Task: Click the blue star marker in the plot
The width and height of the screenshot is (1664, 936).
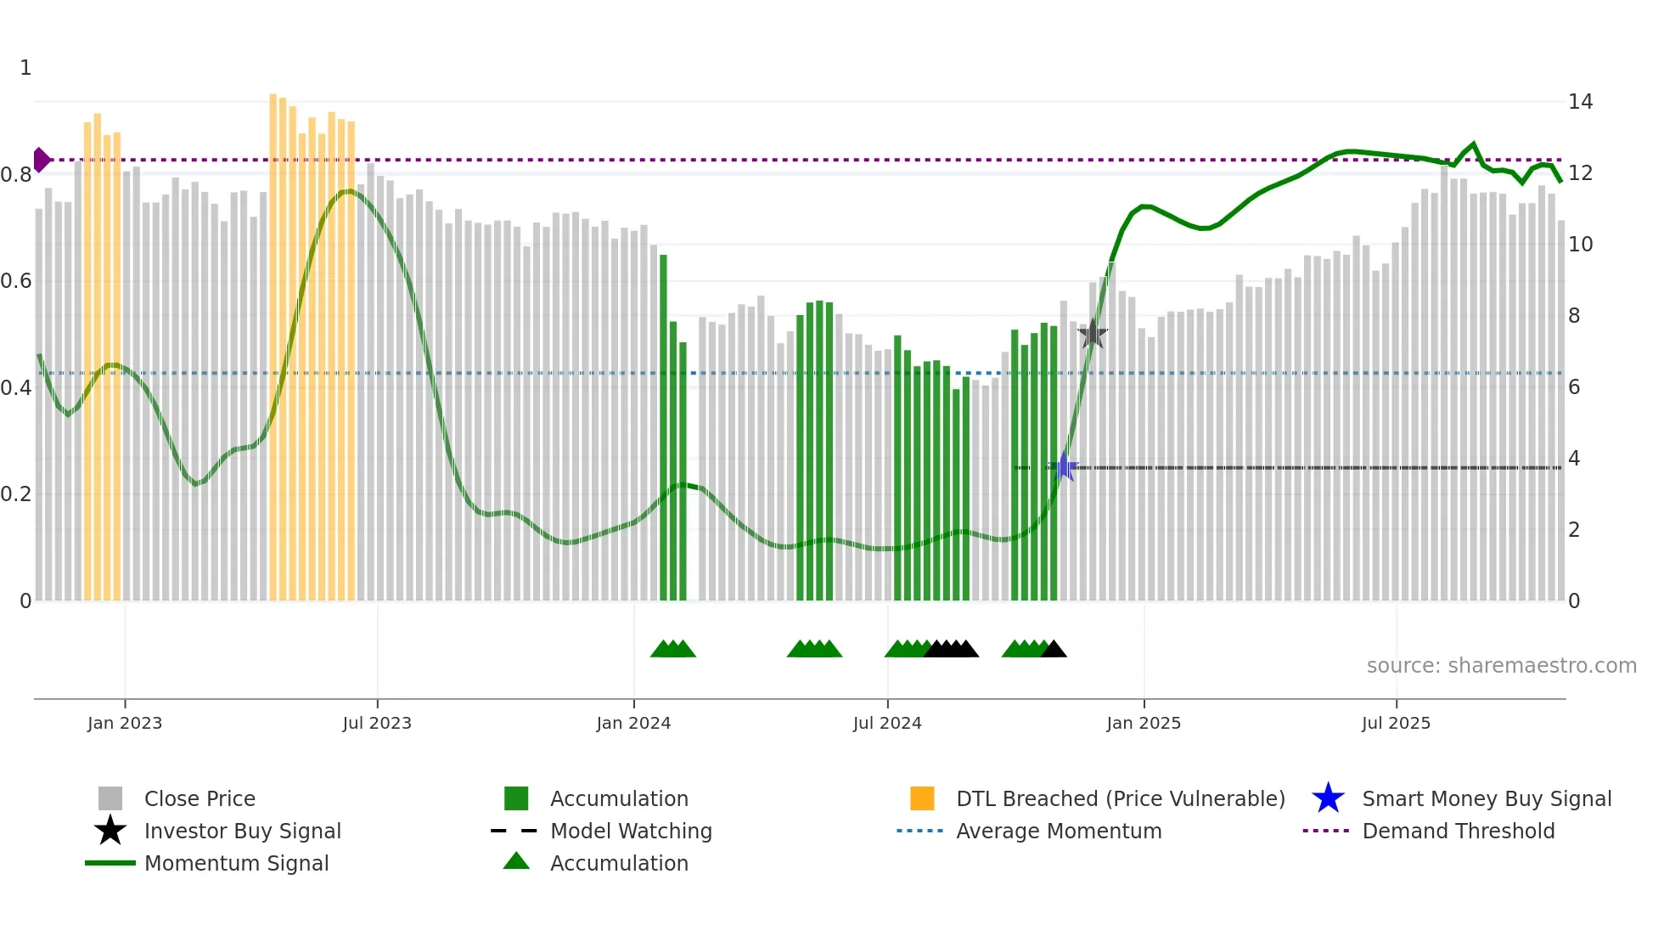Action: tap(1064, 466)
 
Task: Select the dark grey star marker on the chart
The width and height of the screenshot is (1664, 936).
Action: tap(1093, 335)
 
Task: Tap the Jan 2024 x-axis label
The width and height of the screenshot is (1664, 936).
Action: tap(633, 723)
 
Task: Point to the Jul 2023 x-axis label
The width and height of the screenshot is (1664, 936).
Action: tap(377, 723)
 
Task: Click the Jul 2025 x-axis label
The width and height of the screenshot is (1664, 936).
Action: tap(1396, 723)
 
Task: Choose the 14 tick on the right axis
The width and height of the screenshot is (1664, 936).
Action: tap(1580, 102)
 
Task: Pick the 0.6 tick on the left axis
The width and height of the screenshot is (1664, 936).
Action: tap(16, 281)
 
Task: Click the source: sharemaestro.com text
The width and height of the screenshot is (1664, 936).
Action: tap(1501, 666)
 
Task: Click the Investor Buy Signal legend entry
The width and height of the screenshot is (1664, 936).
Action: tap(242, 831)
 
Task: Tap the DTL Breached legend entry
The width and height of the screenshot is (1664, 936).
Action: tap(1120, 798)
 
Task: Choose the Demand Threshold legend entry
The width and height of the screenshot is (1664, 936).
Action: tap(1458, 831)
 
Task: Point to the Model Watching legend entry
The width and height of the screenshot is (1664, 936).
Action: tap(630, 831)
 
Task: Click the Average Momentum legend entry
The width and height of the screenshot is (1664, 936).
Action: tap(1058, 831)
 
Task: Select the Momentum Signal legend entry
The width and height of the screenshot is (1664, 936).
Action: tap(236, 863)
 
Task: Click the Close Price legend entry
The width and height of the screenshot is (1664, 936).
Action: tap(200, 798)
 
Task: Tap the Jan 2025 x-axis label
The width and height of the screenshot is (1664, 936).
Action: tap(1144, 723)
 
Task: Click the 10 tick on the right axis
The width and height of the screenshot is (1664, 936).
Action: tap(1580, 245)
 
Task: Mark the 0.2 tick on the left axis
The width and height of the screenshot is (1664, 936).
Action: tap(16, 494)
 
